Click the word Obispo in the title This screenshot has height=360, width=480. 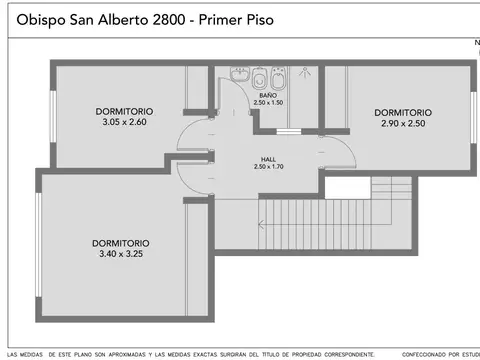point(42,19)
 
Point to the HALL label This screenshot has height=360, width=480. point(268,158)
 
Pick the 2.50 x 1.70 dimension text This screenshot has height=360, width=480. point(268,167)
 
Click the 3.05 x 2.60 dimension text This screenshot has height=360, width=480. point(124,122)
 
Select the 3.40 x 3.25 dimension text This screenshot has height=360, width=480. point(121,254)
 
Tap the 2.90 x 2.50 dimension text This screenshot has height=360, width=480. point(403,123)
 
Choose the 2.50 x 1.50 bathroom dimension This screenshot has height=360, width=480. point(267,103)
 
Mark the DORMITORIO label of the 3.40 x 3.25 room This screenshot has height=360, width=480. point(121,243)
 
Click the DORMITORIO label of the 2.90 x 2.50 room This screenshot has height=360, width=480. point(403,112)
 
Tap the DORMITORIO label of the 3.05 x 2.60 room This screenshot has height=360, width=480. point(124,111)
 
